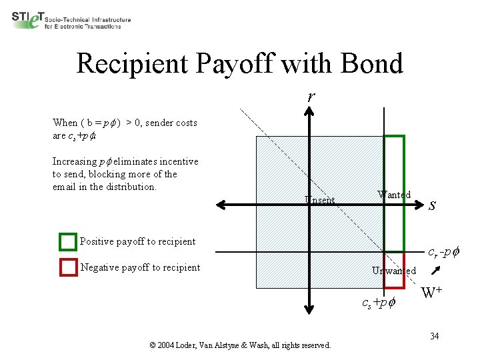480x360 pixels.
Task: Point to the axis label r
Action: coord(311,96)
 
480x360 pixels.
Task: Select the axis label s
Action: coord(432,205)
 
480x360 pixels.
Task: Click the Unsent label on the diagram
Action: coord(319,199)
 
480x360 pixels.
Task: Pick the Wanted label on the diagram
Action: coord(393,195)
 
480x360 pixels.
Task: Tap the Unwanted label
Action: coord(394,271)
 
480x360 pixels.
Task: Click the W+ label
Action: coord(433,291)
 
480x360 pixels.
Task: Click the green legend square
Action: coord(68,242)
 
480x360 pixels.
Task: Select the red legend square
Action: coord(68,267)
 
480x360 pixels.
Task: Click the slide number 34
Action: coord(434,335)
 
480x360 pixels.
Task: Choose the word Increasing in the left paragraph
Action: coord(74,161)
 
